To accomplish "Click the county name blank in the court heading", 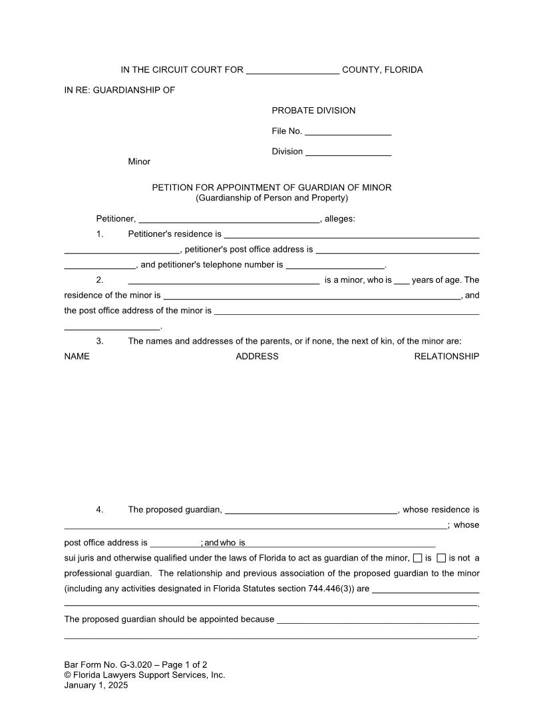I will [x=293, y=71].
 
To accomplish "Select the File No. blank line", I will [x=348, y=132].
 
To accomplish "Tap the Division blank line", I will [x=348, y=152].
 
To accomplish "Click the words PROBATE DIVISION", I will [x=313, y=111].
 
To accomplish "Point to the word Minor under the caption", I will [x=139, y=162].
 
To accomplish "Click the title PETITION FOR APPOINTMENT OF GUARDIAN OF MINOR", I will [x=271, y=188].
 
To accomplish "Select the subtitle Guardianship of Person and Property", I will [x=271, y=198].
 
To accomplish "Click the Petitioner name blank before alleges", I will [x=229, y=219].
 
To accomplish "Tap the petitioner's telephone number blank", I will [x=335, y=265].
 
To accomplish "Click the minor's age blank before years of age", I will [x=401, y=281].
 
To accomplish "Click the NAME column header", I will [x=77, y=357].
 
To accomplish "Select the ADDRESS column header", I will [x=257, y=357].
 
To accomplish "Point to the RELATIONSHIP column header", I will [x=447, y=357].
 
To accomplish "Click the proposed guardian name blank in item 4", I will [x=311, y=511].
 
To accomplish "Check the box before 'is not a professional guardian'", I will [x=441, y=558].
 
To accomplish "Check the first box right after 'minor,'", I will [x=417, y=558].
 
